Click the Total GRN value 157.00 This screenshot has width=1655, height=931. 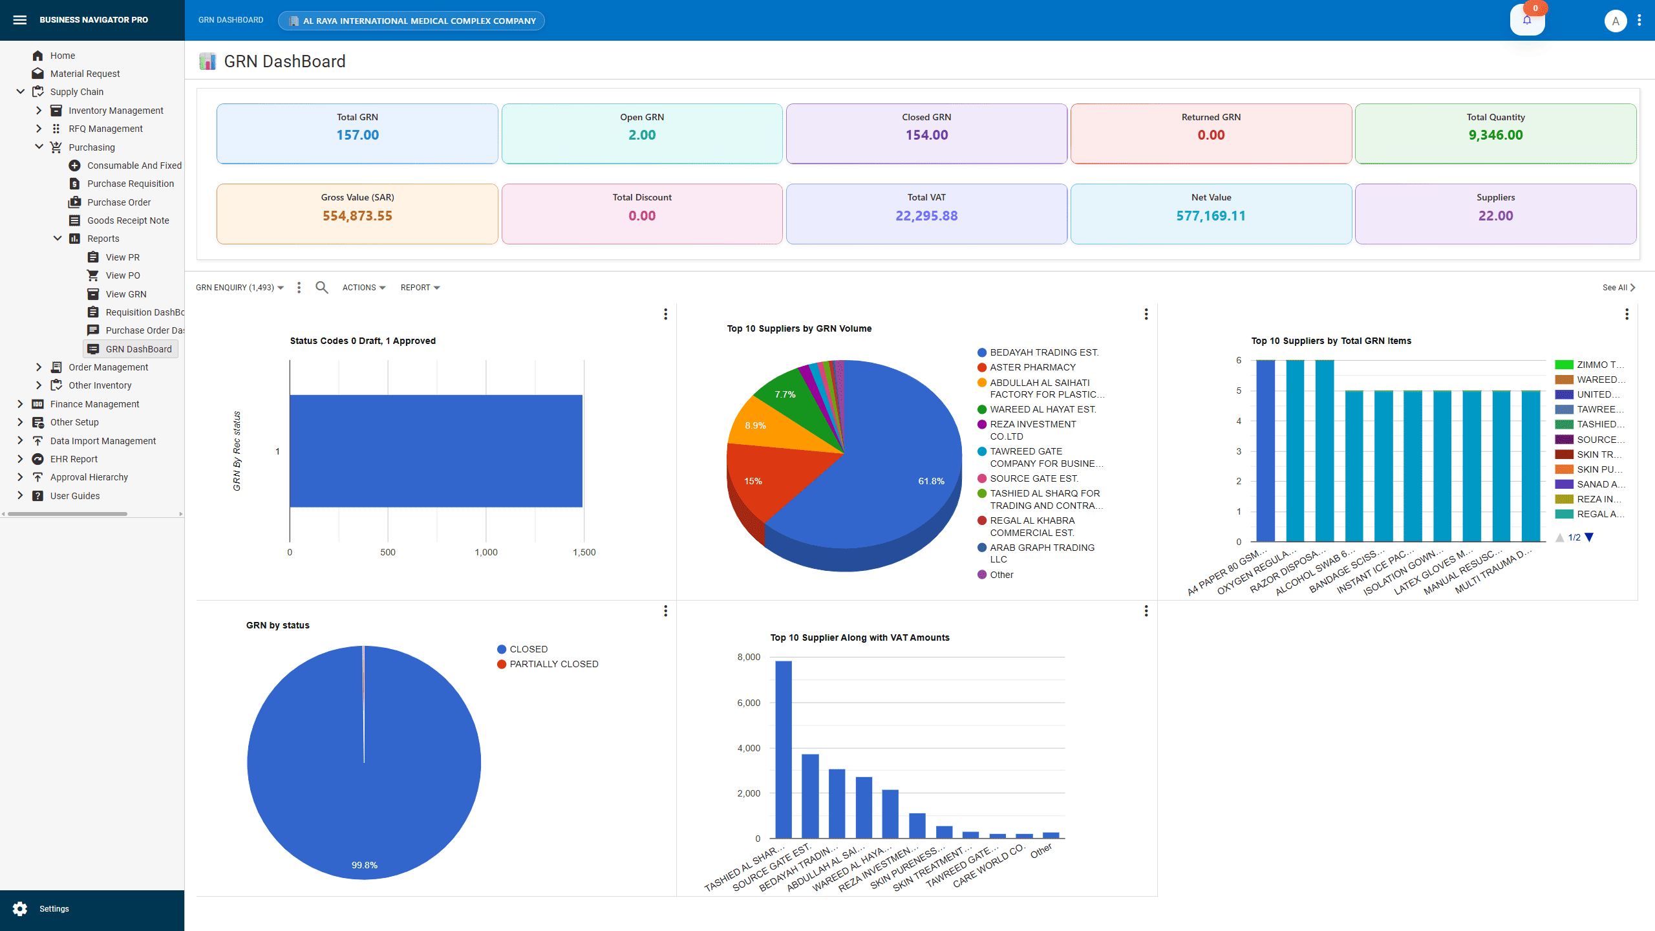coord(357,135)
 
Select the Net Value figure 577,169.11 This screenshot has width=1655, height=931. coord(1210,216)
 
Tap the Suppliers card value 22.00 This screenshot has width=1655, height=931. coord(1495,216)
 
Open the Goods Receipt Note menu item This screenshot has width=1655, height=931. coord(128,220)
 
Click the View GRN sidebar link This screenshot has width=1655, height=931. coord(125,294)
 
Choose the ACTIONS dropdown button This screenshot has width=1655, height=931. coord(363,288)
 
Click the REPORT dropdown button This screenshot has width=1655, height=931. coord(420,288)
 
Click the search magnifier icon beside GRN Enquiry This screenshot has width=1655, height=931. coord(321,288)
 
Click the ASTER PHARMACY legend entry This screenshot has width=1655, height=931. coord(1032,367)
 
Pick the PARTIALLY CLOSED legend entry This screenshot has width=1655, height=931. coord(553,664)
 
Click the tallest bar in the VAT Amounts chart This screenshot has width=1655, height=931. coord(783,750)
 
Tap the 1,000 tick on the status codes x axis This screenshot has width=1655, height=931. coord(486,552)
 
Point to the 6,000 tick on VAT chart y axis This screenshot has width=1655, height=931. coord(749,703)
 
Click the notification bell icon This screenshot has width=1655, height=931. coord(1526,20)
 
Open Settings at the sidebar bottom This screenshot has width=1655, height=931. coord(54,908)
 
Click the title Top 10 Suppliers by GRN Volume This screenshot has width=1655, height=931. coord(798,328)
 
